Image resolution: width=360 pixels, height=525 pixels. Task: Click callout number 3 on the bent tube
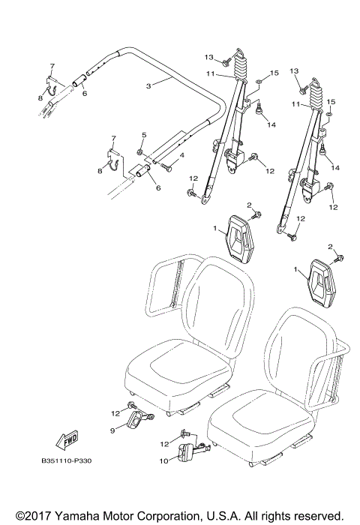(x=148, y=86)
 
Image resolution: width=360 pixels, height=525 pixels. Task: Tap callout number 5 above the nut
(x=142, y=135)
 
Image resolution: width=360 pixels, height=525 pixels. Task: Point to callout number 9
(x=112, y=430)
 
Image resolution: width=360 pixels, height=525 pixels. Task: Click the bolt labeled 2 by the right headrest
(x=340, y=259)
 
